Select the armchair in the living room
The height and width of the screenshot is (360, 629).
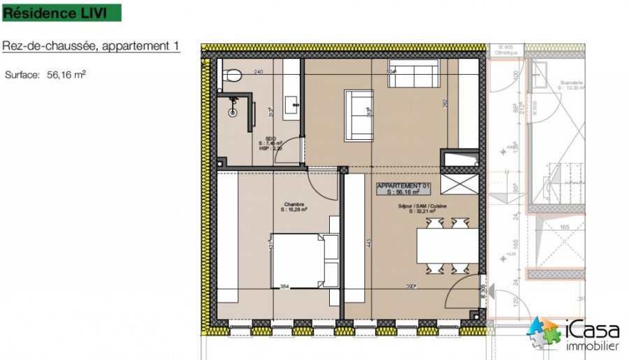359,113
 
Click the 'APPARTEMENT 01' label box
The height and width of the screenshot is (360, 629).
403,188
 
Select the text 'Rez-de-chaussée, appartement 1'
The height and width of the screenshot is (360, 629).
91,46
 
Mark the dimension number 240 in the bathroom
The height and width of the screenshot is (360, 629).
258,72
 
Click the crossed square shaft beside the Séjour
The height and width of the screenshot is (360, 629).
459,184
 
